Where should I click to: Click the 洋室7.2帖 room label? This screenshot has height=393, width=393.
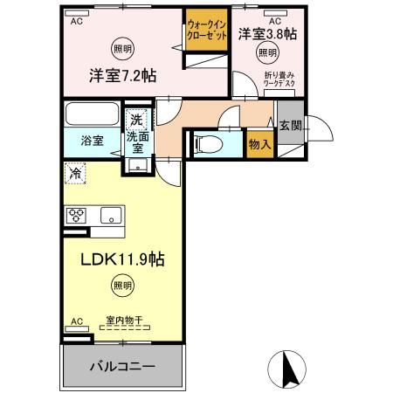(x=121, y=75)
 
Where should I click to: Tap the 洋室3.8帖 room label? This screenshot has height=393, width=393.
(x=267, y=34)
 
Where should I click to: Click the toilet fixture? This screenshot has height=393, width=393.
(x=209, y=143)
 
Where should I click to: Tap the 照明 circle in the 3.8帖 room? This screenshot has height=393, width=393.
(x=267, y=52)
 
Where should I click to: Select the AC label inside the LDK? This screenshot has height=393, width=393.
(x=75, y=321)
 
